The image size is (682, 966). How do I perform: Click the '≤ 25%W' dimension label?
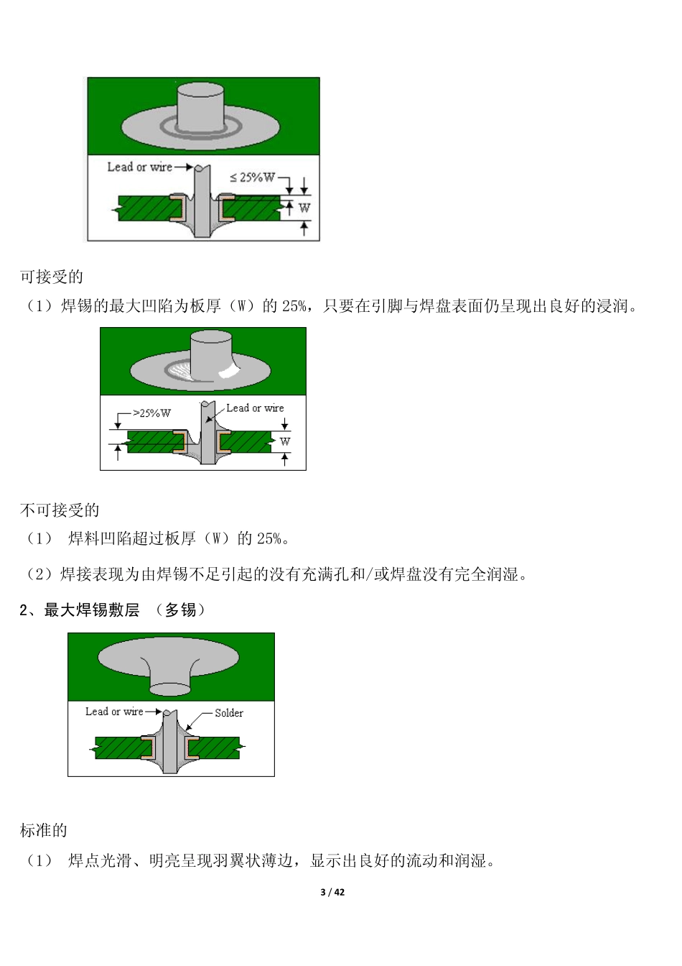point(252,178)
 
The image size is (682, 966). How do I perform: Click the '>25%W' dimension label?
point(151,413)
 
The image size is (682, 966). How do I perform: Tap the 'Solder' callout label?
point(229,713)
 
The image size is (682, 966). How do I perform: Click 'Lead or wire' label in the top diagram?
point(139,167)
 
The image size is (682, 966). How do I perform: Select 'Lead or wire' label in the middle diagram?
point(255,408)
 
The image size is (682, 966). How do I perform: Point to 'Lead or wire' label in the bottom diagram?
point(114,712)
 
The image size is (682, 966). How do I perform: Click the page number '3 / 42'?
point(332,892)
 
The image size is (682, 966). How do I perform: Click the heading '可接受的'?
point(52,277)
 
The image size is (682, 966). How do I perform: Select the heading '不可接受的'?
point(60,510)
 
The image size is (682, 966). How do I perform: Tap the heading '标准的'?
point(44,830)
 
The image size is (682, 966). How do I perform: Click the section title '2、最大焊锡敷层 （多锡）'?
point(113,610)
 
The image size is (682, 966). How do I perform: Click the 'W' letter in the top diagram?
point(304,208)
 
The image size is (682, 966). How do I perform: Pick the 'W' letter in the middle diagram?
point(285,441)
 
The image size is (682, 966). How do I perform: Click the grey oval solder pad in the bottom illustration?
point(168,655)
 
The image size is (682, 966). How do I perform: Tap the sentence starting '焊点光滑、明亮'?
point(281,860)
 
